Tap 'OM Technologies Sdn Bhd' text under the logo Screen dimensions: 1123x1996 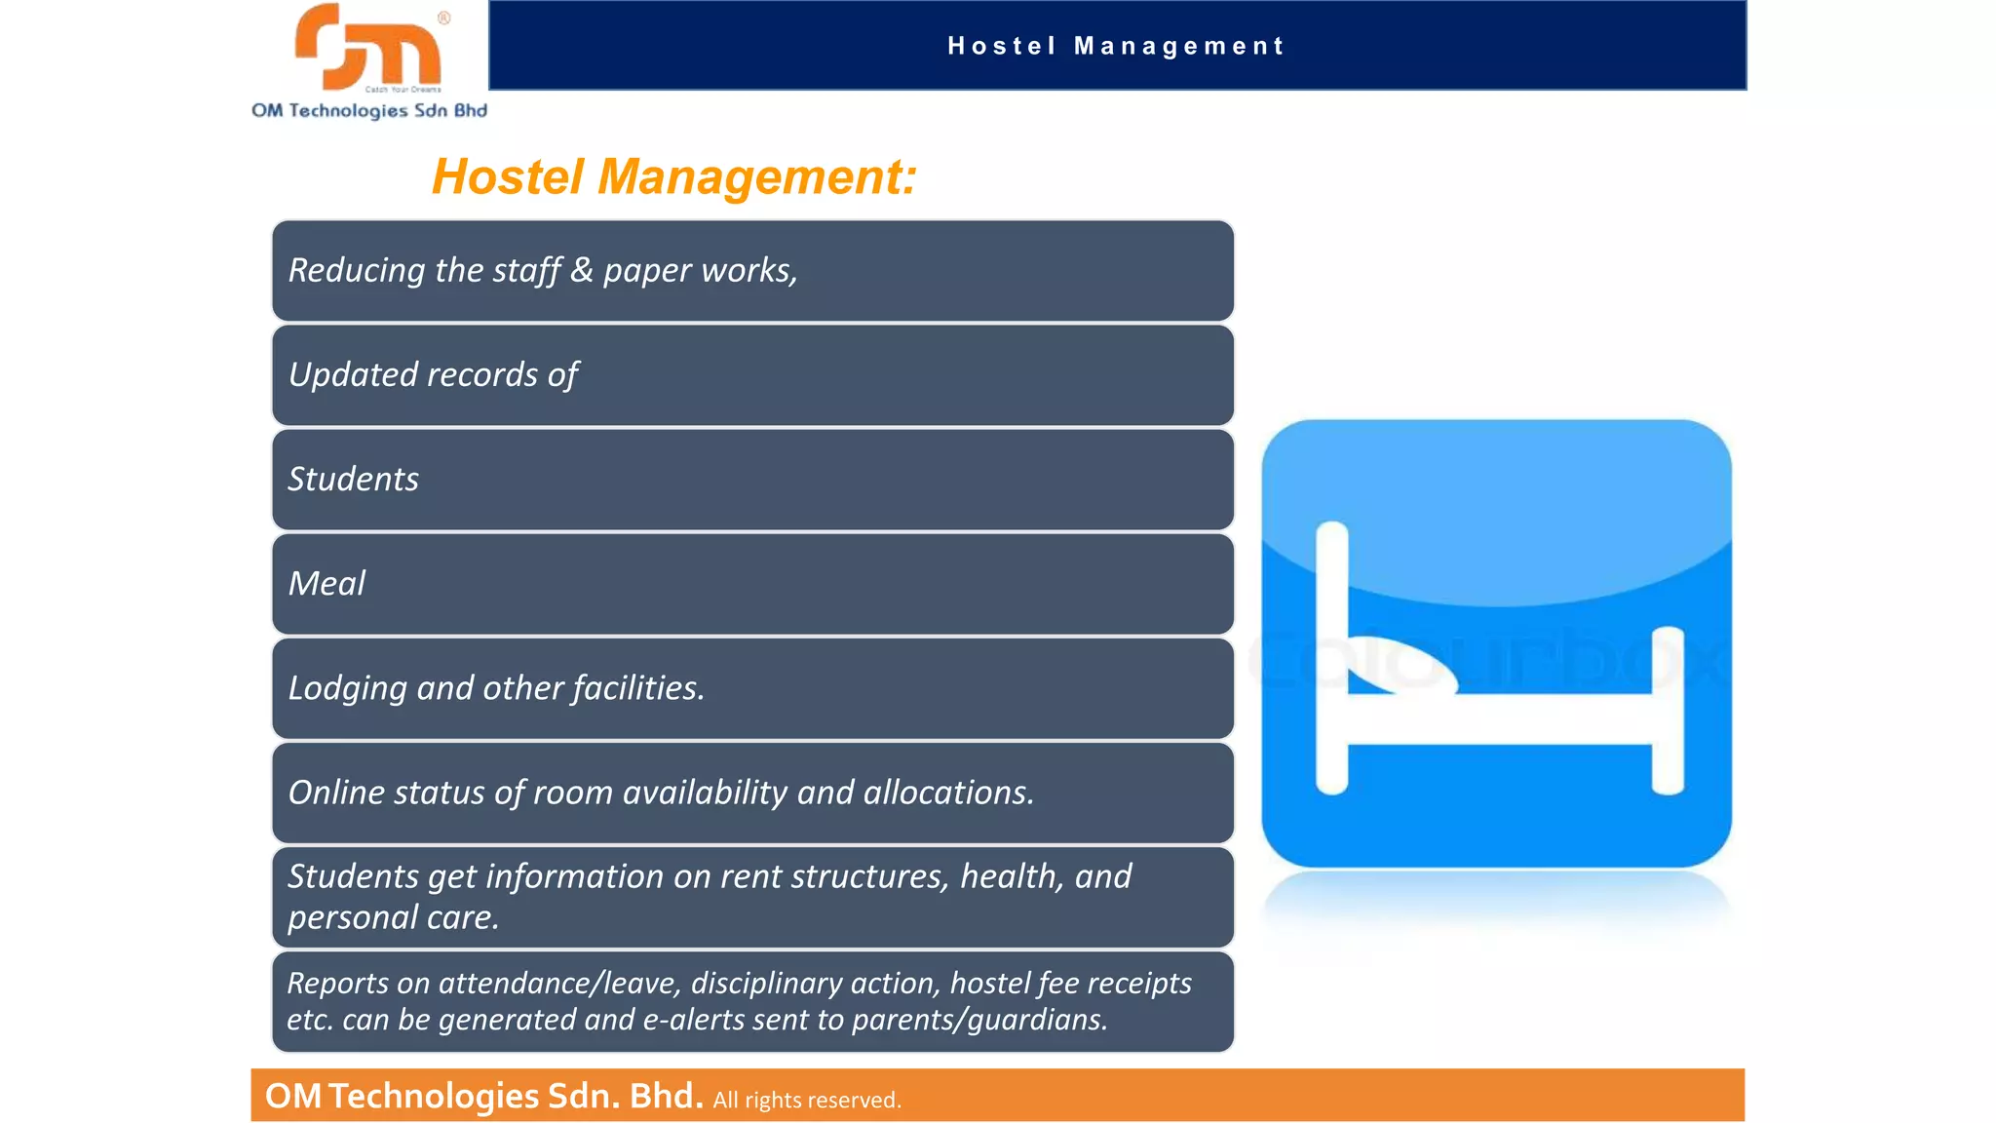(x=369, y=111)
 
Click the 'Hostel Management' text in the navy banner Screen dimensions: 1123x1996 (x=1116, y=46)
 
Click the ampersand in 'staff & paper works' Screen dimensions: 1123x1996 (x=582, y=270)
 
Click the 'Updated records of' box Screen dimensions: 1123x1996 (x=752, y=375)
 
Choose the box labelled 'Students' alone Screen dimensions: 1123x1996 (x=752, y=480)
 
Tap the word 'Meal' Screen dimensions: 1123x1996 (x=326, y=584)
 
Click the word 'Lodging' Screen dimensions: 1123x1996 (x=347, y=689)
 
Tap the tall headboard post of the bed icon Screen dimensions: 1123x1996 (x=1331, y=658)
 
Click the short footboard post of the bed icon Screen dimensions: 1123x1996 (x=1668, y=710)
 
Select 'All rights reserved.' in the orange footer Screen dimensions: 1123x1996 (x=807, y=1101)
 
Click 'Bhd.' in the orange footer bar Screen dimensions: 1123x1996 (x=666, y=1097)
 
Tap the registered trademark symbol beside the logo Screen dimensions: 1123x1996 (x=444, y=18)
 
